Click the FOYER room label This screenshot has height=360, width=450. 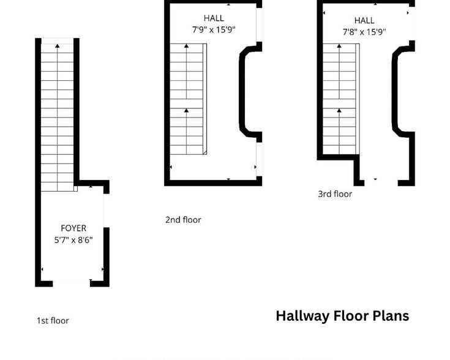(73, 228)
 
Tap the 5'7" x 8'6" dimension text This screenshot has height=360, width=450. (73, 240)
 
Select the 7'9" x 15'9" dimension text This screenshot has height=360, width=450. (214, 29)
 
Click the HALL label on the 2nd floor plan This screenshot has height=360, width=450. (214, 18)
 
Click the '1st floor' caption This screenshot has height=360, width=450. (53, 320)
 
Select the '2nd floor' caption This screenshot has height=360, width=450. (183, 220)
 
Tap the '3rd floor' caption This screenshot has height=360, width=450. (335, 194)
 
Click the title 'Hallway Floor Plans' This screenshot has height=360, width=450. (342, 316)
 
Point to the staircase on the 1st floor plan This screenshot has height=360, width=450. (58, 116)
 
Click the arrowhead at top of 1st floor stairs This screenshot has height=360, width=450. (58, 45)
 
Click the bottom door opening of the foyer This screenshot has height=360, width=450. (72, 283)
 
